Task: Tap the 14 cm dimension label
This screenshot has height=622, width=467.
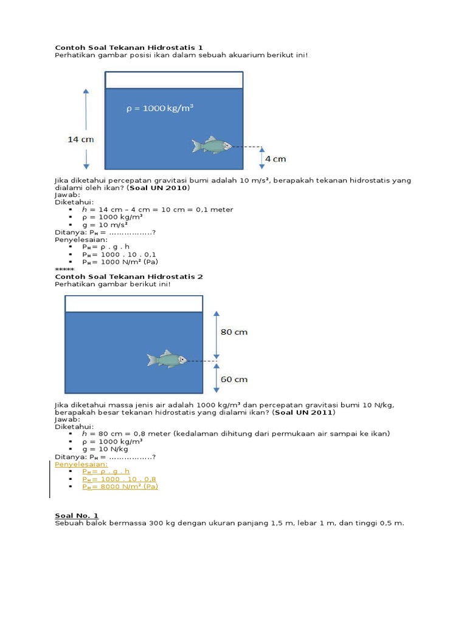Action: click(x=80, y=139)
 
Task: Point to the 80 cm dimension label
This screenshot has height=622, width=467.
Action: click(x=233, y=332)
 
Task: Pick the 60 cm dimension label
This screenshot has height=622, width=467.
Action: click(x=233, y=379)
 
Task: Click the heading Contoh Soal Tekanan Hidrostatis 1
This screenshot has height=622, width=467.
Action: click(x=129, y=47)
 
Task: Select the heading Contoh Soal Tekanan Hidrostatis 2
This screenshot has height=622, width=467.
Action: click(x=129, y=276)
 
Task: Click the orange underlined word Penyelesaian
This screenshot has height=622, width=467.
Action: click(x=81, y=463)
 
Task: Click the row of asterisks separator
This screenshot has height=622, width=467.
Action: click(x=64, y=269)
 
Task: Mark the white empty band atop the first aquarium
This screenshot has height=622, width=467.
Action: click(x=174, y=80)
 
